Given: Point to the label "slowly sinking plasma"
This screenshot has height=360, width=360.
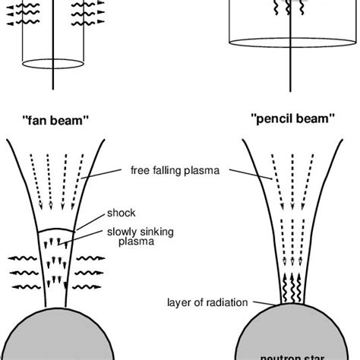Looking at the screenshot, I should pos(148,236).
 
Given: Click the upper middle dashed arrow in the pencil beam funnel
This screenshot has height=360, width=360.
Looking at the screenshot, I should pos(285,182).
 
